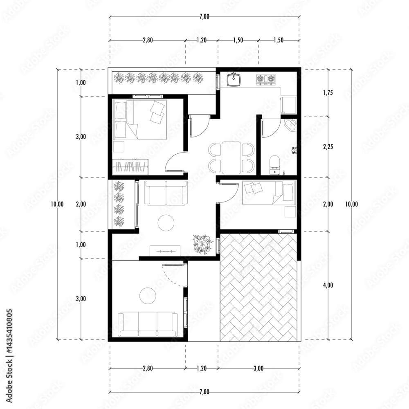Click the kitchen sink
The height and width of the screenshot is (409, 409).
(234, 79)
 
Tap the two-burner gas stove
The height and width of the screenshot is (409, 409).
(266, 79)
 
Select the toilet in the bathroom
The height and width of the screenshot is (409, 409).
(274, 164)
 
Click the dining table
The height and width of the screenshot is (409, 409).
(231, 158)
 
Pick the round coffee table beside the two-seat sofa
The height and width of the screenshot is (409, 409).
(166, 222)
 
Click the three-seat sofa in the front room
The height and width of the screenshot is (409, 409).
(148, 324)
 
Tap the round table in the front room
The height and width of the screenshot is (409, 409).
(148, 296)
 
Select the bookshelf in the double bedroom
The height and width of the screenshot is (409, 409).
(130, 167)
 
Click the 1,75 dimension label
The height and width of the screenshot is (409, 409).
(328, 92)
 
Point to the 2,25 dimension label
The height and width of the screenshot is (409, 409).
(328, 147)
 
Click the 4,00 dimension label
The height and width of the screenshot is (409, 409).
(328, 285)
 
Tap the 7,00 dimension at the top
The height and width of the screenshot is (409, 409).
(204, 16)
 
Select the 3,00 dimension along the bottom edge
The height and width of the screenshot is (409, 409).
(258, 369)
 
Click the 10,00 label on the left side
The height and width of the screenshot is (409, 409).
(57, 204)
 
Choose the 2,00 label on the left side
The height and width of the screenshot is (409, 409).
(81, 204)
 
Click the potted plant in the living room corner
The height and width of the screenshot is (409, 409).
(201, 244)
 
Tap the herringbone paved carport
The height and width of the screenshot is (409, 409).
(258, 287)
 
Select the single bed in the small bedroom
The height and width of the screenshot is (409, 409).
(269, 193)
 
